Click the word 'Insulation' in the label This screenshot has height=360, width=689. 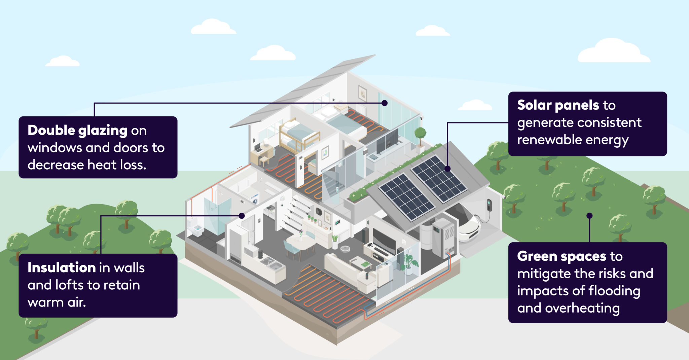[x=62, y=268]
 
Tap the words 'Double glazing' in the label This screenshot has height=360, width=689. [x=77, y=131]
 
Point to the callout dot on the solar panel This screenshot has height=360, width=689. [x=447, y=169]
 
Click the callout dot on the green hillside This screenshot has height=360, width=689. [x=589, y=216]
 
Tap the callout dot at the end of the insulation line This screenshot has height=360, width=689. [x=242, y=216]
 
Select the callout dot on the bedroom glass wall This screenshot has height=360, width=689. [x=385, y=103]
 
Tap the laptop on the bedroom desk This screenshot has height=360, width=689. [x=258, y=148]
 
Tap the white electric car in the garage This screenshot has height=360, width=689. [x=468, y=224]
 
